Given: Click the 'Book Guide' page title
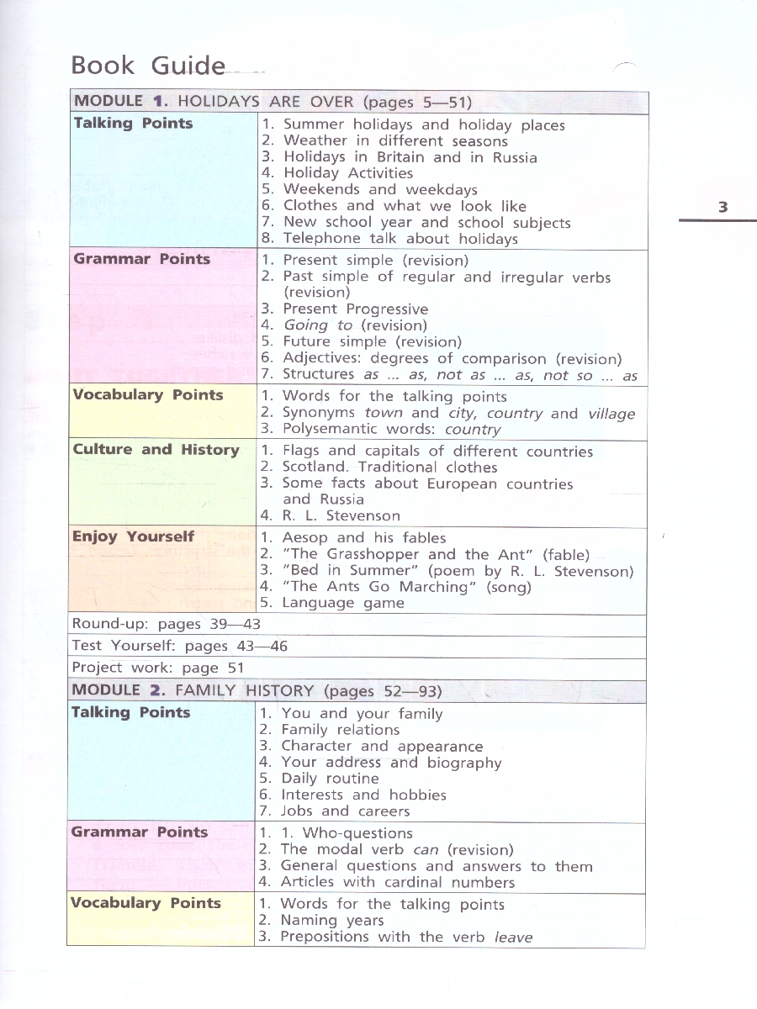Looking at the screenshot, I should pyautogui.click(x=148, y=66).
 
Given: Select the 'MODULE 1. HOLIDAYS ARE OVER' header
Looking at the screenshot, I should pyautogui.click(x=273, y=102).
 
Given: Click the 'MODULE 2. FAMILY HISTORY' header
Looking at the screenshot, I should pyautogui.click(x=256, y=691).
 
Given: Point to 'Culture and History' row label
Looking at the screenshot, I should pyautogui.click(x=156, y=450).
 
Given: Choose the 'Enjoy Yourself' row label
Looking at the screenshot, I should pyautogui.click(x=133, y=536).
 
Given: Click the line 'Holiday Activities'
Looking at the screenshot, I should pyautogui.click(x=347, y=173).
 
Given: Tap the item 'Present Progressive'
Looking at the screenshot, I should pyautogui.click(x=355, y=309).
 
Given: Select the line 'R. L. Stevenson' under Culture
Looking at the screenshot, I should pyautogui.click(x=341, y=516).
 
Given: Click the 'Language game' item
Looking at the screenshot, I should pyautogui.click(x=342, y=603).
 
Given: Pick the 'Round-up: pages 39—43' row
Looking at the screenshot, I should pyautogui.click(x=167, y=624).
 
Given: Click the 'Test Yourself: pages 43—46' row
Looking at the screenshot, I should pyautogui.click(x=179, y=646).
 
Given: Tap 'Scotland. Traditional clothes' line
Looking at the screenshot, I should pyautogui.click(x=389, y=468).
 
